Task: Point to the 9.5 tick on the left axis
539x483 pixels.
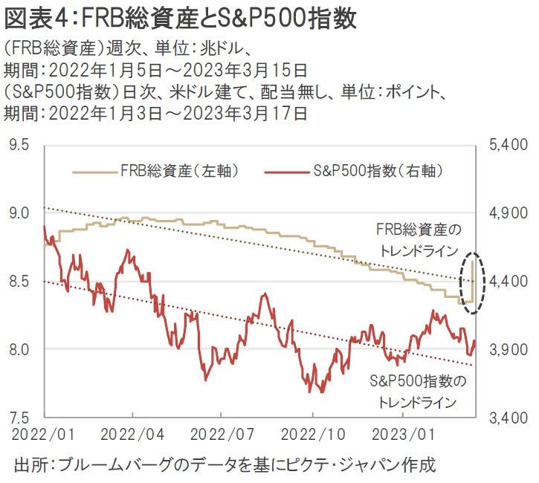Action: (20, 144)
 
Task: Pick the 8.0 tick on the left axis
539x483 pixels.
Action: (20, 349)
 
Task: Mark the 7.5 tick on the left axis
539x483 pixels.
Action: (20, 417)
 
